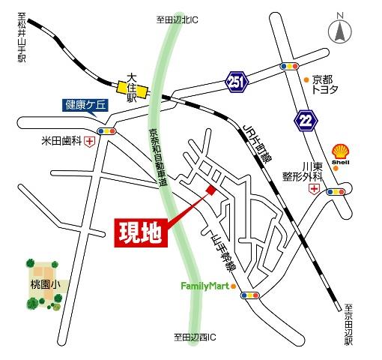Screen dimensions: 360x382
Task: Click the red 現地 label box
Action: click(x=141, y=232)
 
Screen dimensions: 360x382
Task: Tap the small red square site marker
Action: click(x=211, y=190)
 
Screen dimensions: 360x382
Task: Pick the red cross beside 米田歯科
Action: click(x=91, y=140)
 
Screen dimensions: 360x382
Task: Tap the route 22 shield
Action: click(x=306, y=119)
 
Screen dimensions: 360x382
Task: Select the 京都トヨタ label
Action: click(x=327, y=84)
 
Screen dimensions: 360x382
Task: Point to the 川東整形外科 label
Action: click(x=322, y=172)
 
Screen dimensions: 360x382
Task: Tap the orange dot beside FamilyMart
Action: click(x=234, y=286)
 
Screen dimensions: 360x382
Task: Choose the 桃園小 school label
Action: click(x=45, y=286)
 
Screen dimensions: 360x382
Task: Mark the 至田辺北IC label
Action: click(x=177, y=19)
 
